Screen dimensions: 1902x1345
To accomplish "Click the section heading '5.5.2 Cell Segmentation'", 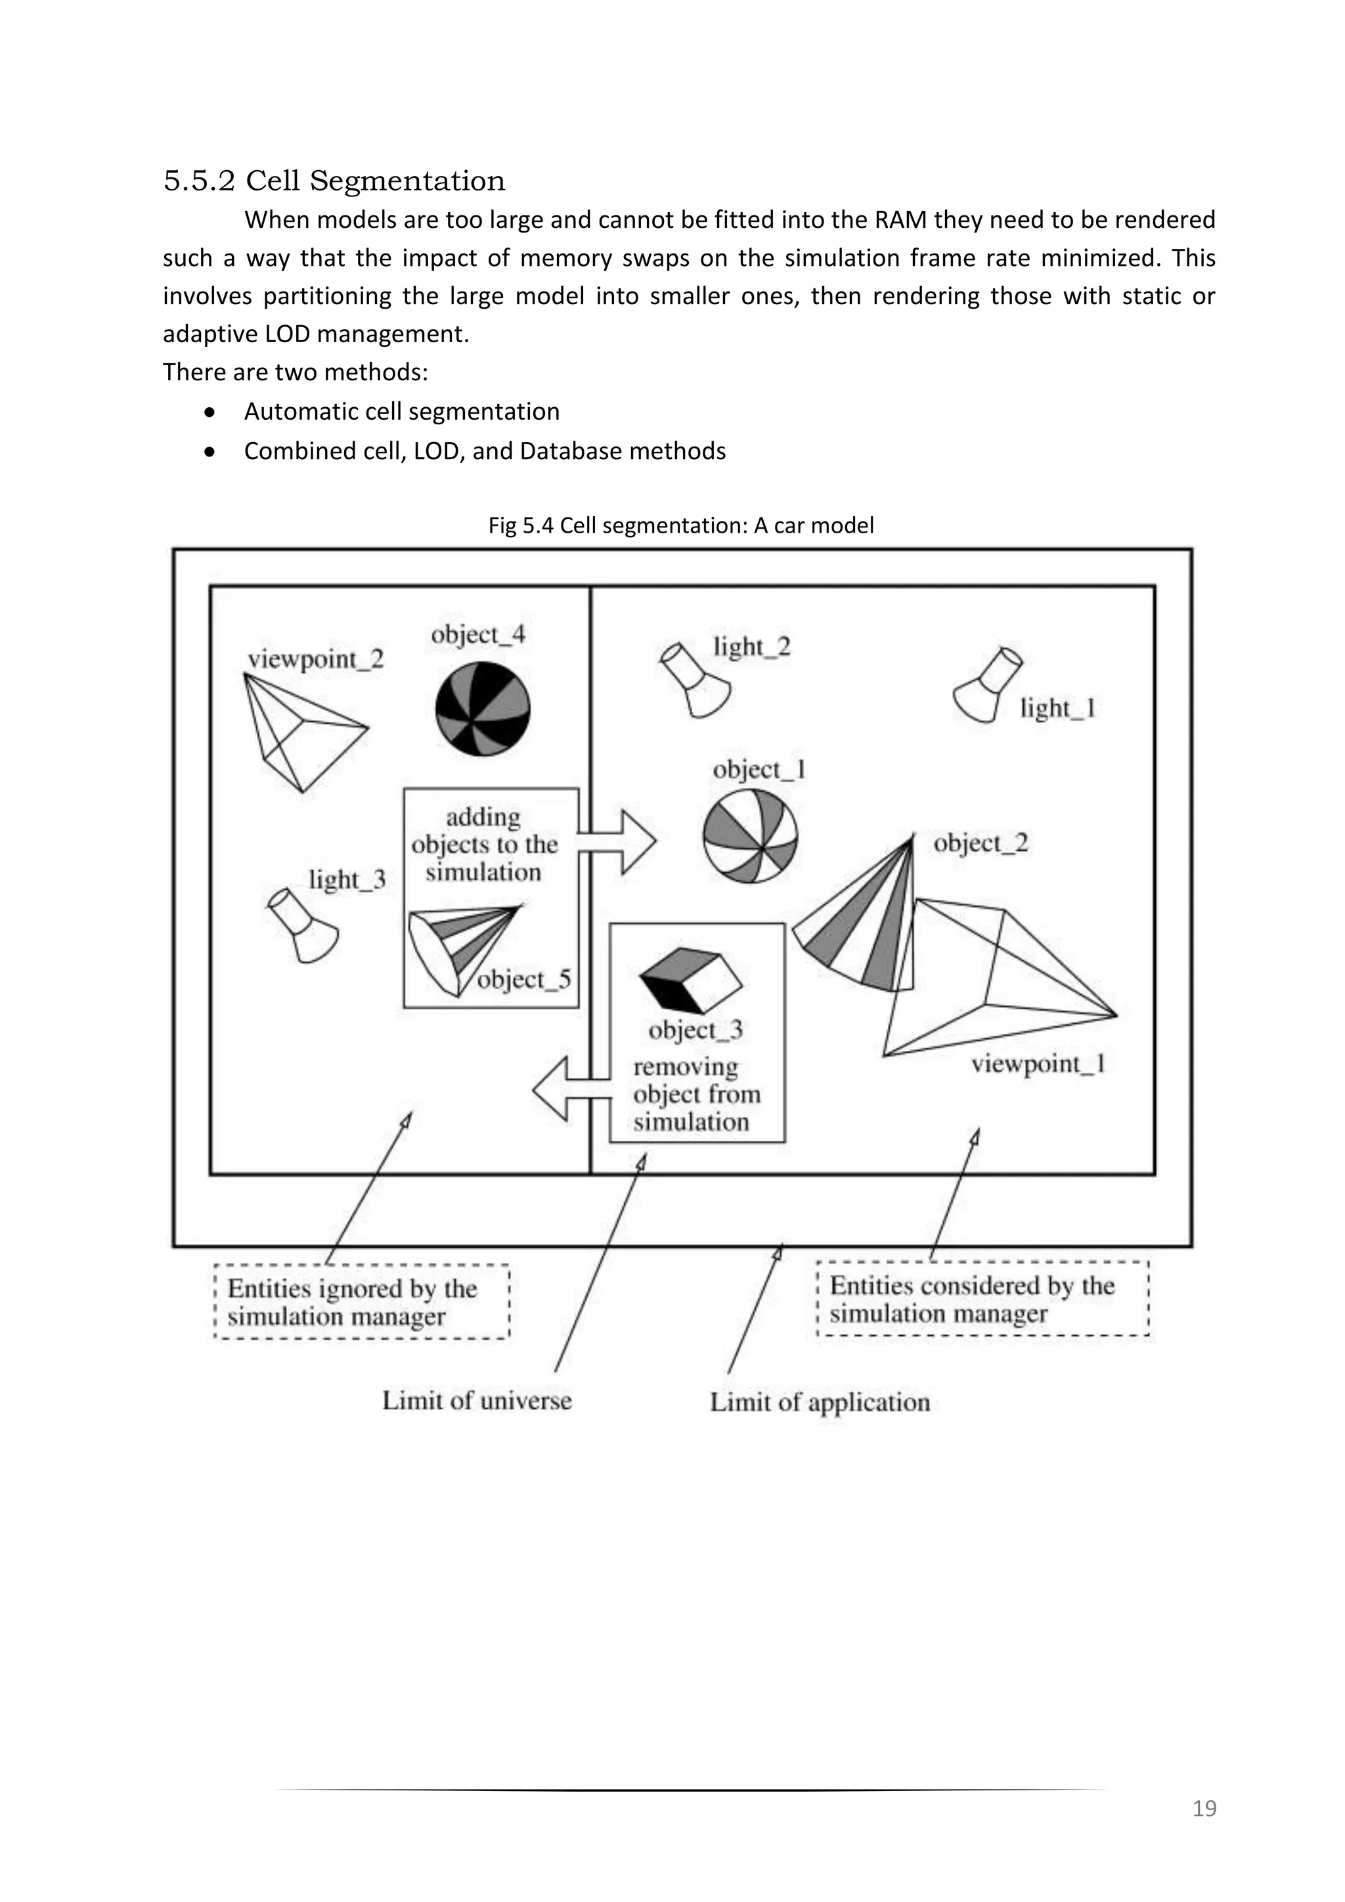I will [334, 181].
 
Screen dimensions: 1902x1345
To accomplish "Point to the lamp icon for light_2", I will [697, 679].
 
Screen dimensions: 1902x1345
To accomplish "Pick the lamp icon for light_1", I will [987, 685].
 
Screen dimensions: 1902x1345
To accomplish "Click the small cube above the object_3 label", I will [691, 979].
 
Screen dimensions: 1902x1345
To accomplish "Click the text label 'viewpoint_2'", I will [315, 659].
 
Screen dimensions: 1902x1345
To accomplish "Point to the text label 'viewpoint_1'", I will [1038, 1064].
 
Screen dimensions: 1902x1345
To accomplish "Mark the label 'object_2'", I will [981, 843].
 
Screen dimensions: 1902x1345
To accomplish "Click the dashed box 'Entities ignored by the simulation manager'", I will [361, 1302].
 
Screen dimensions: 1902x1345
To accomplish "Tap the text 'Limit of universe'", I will [477, 1401].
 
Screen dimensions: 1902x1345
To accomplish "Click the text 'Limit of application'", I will [820, 1402].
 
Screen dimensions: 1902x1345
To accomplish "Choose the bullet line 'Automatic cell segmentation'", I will [402, 412].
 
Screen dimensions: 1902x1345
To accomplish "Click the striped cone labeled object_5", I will [464, 949].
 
